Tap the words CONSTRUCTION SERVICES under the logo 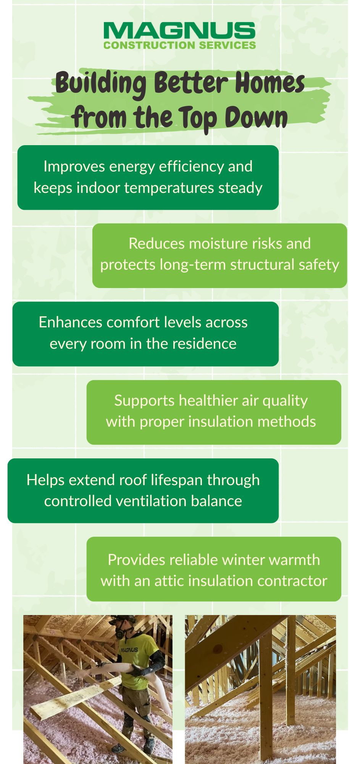[x=179, y=45]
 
